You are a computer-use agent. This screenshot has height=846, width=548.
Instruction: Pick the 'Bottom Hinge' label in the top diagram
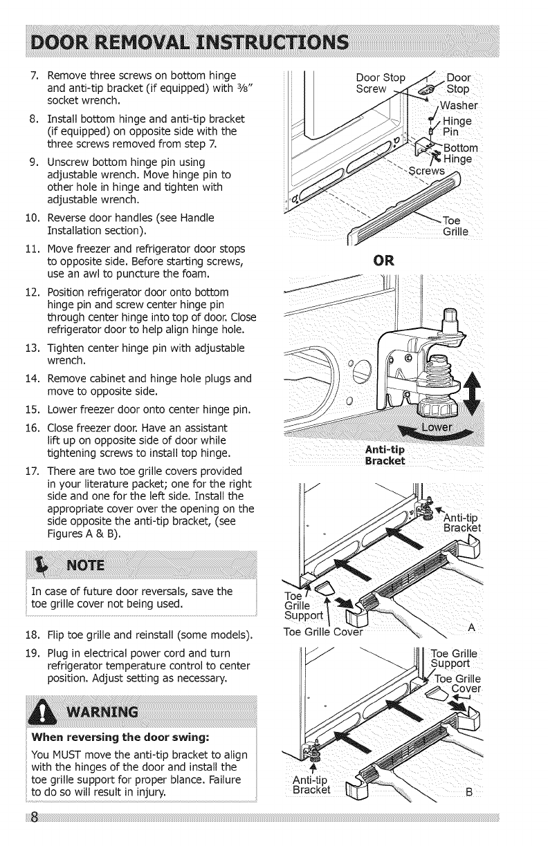[458, 153]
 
